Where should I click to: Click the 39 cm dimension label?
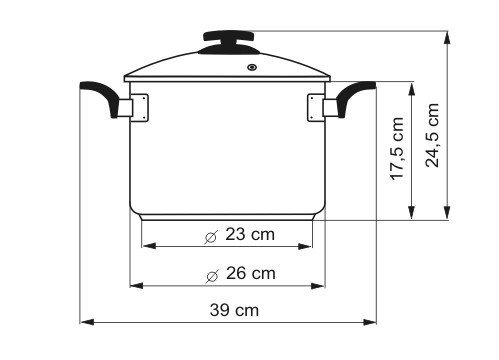(234, 310)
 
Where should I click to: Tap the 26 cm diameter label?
(251, 274)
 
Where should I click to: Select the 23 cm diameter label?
(250, 234)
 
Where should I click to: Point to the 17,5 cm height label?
(397, 149)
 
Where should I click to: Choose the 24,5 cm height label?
(432, 135)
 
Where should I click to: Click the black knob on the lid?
(229, 42)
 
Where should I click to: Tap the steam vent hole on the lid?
(252, 67)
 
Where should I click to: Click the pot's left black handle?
(99, 96)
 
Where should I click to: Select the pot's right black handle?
(356, 96)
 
